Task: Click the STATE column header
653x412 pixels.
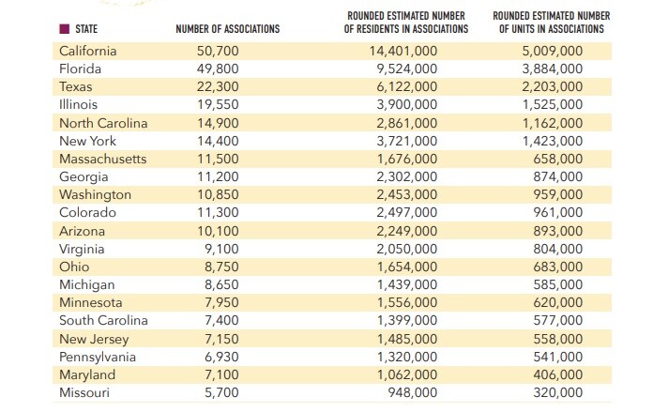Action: point(85,30)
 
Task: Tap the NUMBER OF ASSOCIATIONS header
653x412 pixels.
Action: point(227,30)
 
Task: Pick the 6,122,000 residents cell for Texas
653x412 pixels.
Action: point(406,86)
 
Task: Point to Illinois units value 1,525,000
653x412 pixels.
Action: point(552,104)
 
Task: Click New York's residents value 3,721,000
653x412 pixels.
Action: point(406,141)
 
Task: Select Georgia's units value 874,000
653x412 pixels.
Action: point(557,176)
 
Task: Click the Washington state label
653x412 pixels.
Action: point(95,194)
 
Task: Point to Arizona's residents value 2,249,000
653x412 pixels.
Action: point(406,231)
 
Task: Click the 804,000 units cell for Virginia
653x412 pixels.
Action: point(557,249)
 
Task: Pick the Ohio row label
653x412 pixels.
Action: point(74,267)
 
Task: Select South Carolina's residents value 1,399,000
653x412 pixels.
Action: point(406,321)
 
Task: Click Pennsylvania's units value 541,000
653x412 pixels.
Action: point(557,357)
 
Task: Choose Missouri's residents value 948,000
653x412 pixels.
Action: point(412,392)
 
